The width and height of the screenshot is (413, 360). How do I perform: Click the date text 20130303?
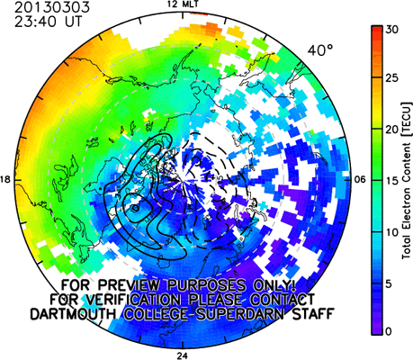coord(52,7)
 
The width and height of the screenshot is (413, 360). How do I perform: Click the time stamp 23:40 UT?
coord(48,22)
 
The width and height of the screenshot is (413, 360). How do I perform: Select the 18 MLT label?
coord(5,180)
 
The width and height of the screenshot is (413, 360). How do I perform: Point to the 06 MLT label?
coord(360,180)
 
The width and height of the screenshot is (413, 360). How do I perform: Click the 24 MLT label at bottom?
coord(182,356)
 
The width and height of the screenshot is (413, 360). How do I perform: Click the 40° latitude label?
coord(320,50)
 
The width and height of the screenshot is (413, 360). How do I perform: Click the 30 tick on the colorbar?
coord(392,30)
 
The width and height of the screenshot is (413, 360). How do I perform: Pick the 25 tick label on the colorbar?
coord(392,78)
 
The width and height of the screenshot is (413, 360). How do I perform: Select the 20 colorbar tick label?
coord(392,130)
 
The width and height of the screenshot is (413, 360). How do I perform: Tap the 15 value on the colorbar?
coord(392,181)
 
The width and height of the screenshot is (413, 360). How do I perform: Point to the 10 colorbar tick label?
coord(392,232)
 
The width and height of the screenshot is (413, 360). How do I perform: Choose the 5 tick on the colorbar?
coord(389,283)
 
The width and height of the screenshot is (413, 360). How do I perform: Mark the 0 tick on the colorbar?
coord(389,331)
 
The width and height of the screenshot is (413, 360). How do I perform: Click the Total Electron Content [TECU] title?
coord(407,181)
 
